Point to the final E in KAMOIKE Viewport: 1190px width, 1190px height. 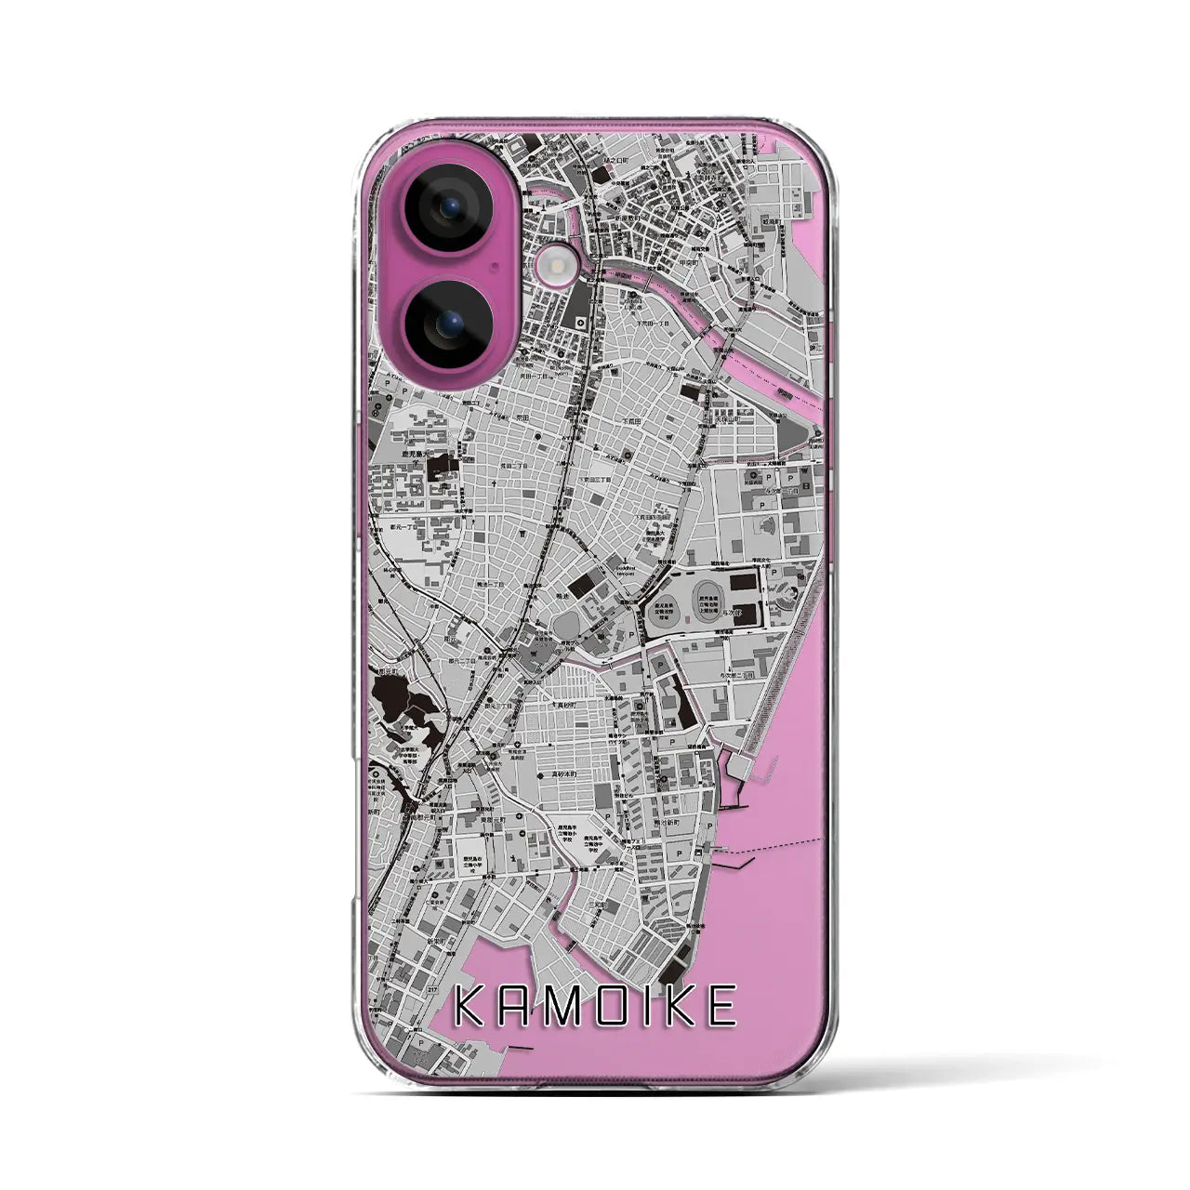pos(721,1007)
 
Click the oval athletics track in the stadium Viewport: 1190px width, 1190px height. pos(708,592)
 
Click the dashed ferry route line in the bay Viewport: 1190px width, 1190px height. pos(781,844)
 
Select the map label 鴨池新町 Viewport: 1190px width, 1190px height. pos(672,795)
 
